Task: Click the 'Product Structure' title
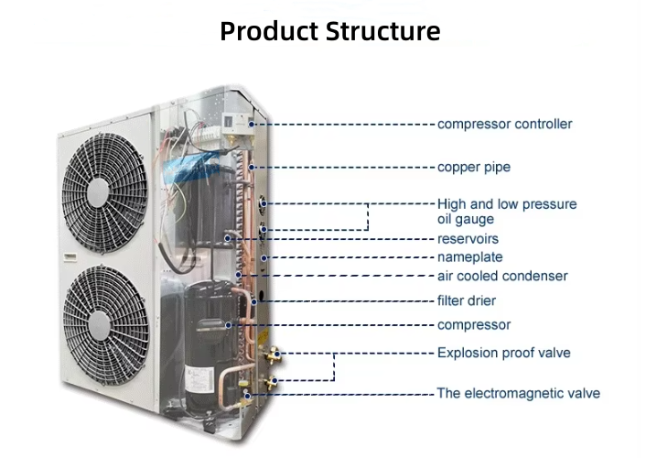329,31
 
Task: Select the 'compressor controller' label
504,124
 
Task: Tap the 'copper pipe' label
473,168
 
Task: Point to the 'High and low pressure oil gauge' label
506,212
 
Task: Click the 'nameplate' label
469,257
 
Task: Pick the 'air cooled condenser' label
501,276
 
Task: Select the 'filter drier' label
467,300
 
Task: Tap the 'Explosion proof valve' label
503,353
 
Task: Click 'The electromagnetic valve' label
518,393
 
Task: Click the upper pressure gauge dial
264,202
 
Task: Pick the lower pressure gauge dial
264,231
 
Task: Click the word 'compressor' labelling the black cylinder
473,325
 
